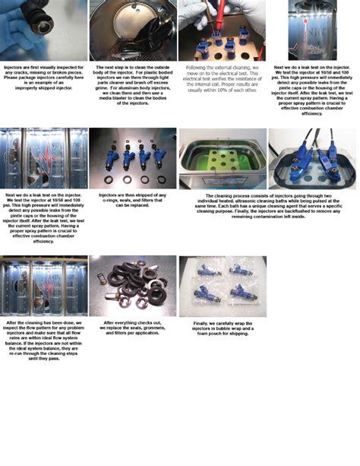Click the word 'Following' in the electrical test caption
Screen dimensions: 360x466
click(198, 67)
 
